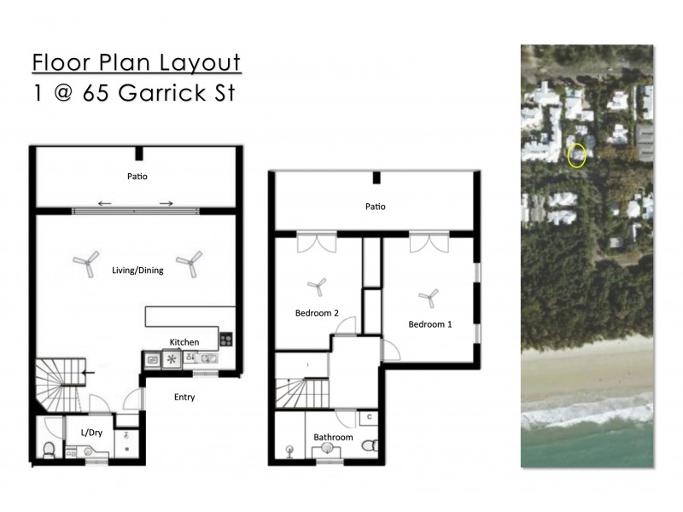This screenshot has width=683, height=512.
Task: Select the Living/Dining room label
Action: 137,271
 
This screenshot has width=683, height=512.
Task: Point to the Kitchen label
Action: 184,341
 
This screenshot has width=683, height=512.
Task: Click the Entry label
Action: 184,397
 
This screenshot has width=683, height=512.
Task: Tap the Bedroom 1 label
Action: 431,324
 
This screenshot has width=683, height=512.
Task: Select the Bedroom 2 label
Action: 318,313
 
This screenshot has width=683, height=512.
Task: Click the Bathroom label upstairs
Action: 333,438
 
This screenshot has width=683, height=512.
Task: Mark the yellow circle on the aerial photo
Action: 577,155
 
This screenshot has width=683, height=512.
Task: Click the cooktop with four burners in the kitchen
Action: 226,340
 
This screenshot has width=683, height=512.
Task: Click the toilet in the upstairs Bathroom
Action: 370,446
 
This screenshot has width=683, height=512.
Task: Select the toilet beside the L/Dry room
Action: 49,449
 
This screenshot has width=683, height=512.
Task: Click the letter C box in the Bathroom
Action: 368,417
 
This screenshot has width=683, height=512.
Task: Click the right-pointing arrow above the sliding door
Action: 166,203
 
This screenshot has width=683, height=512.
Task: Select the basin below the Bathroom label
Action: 327,452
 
